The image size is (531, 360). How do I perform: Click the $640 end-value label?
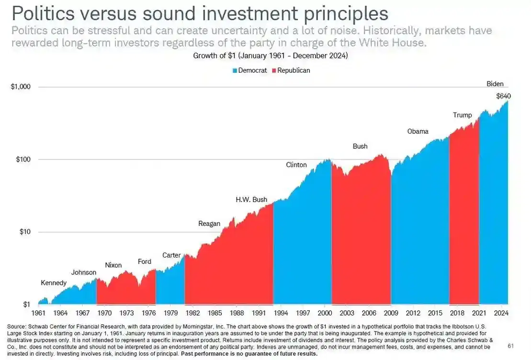point(503,96)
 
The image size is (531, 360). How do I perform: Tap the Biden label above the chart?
point(495,84)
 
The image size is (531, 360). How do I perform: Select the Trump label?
point(462,115)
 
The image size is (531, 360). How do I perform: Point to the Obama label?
point(418,131)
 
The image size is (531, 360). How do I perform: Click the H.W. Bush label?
point(251,200)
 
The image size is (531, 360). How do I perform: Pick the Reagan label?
point(209,224)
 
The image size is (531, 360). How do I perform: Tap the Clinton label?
point(296,165)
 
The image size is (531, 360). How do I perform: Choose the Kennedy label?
point(54,283)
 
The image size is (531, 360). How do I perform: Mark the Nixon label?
point(113,265)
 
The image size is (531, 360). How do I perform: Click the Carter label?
point(171,255)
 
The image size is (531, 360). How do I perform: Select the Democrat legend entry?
point(249,70)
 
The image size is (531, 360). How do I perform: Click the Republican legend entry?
point(291,70)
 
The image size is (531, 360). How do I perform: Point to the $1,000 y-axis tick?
point(20,87)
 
